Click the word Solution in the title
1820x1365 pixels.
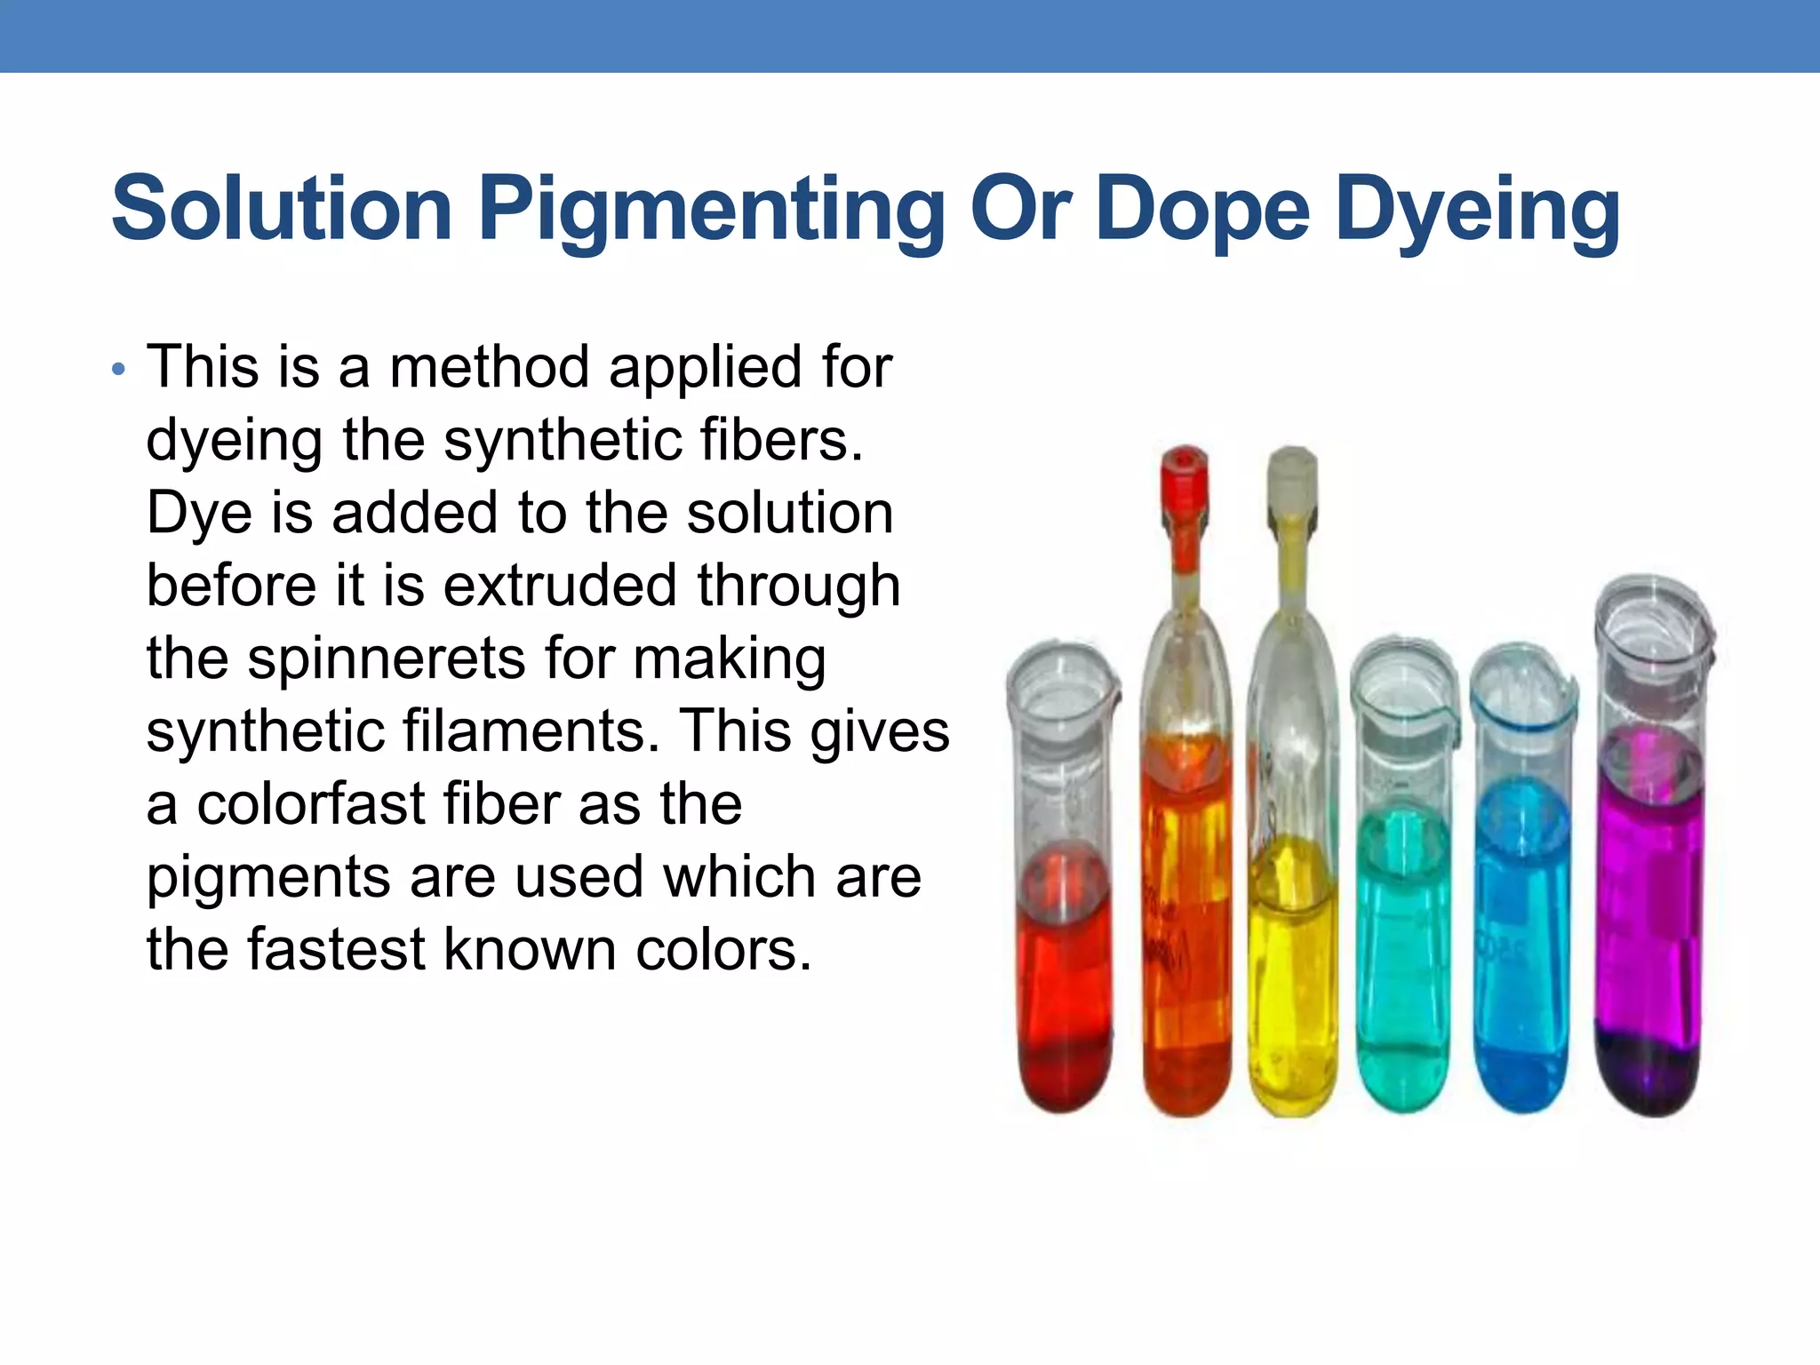click(282, 209)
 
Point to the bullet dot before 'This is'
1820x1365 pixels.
click(119, 369)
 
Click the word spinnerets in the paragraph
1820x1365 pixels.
click(387, 659)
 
